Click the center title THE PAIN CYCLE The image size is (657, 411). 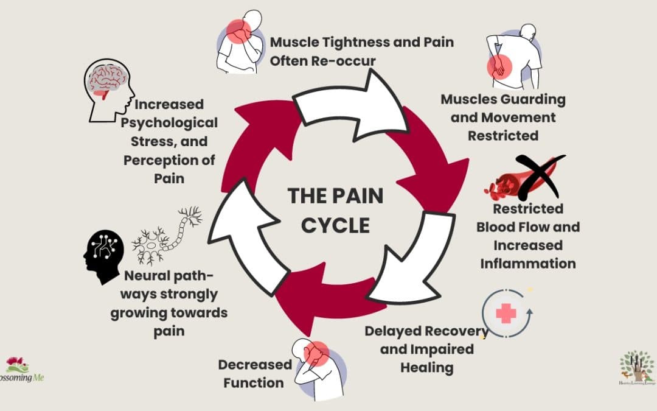(335, 211)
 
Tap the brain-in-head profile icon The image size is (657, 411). (108, 90)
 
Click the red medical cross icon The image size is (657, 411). (506, 314)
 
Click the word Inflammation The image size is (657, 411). (527, 264)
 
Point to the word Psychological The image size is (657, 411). (169, 123)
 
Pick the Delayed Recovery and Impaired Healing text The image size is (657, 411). (426, 350)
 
